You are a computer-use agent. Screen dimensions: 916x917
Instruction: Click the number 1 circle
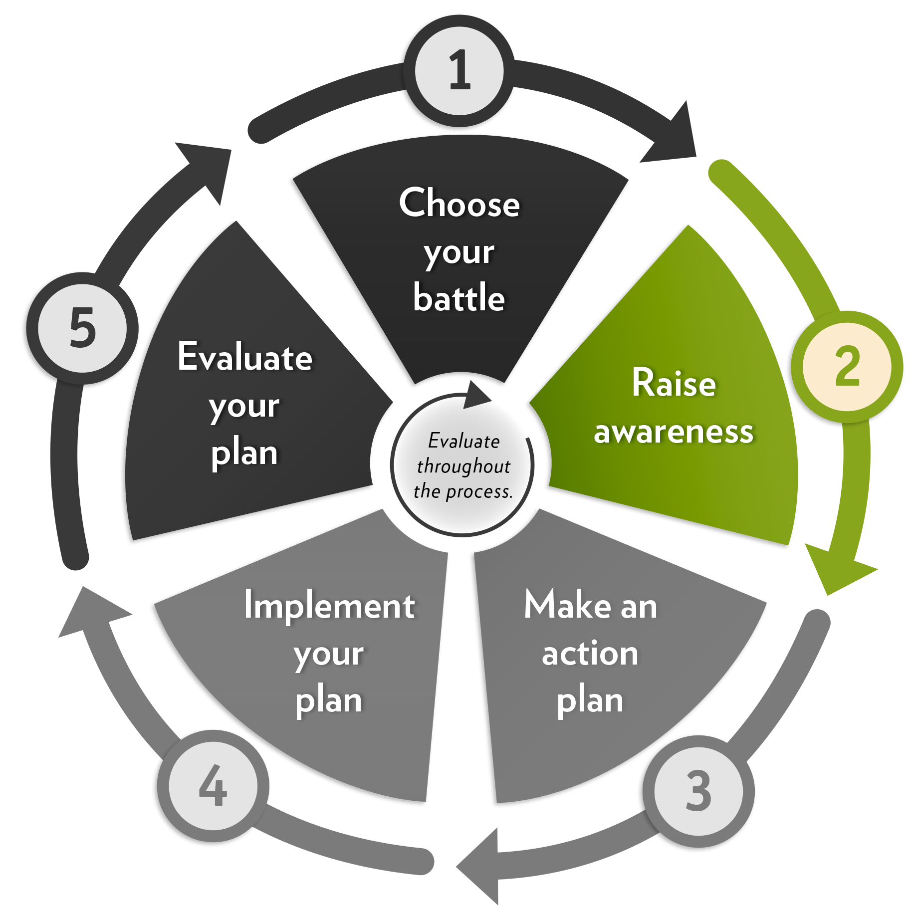[459, 70]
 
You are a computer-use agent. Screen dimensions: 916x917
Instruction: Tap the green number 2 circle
[847, 367]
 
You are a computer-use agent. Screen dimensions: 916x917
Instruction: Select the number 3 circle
[698, 791]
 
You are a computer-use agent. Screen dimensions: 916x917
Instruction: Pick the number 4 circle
[213, 786]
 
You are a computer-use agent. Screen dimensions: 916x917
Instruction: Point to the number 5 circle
[82, 328]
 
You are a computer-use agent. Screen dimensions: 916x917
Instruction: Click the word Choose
[459, 204]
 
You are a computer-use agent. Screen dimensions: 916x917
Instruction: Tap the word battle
[459, 298]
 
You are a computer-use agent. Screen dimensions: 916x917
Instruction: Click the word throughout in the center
[463, 466]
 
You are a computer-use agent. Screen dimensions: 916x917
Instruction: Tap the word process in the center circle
[478, 492]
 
